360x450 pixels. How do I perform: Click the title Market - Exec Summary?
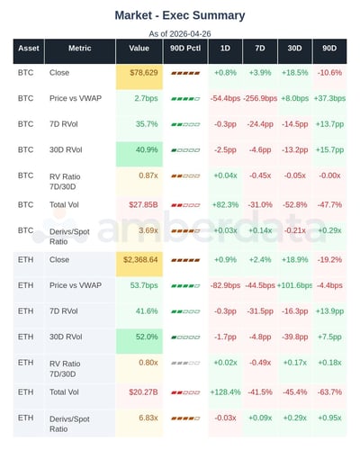coord(180,16)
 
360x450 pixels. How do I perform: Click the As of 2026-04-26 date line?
coord(180,33)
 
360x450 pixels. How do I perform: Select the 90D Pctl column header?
coord(184,48)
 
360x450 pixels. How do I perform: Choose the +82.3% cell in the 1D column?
coord(224,204)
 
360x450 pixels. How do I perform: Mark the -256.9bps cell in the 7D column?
coord(258,96)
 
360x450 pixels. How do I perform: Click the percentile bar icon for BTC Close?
coord(184,72)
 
